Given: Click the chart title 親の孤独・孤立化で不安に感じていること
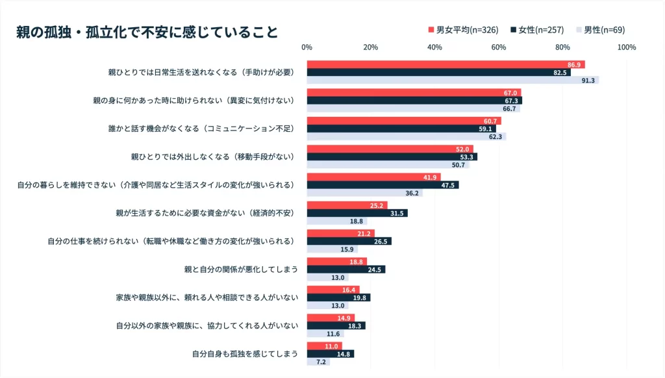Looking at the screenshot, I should pos(147,32).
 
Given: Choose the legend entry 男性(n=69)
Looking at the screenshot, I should pos(599,30).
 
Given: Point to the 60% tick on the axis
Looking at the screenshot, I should pos(499,47).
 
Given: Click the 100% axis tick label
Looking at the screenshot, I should pos(626,47).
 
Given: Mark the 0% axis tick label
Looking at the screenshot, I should pos(307,47).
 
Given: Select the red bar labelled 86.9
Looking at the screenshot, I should pos(445,64).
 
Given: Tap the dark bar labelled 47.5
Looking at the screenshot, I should pos(383,185).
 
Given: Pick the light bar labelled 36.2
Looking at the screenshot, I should pos(364,193).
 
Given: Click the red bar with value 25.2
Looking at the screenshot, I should pos(347,205).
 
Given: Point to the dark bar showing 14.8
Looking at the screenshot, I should pos(330,354).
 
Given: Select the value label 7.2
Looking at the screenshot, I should pos(321,362).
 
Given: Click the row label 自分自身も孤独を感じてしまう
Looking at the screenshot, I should pos(245,354).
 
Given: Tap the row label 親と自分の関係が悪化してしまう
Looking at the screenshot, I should pos(241,270).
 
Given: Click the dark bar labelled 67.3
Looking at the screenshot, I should pos(414,101).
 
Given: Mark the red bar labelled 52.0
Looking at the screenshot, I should pos(390,149).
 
